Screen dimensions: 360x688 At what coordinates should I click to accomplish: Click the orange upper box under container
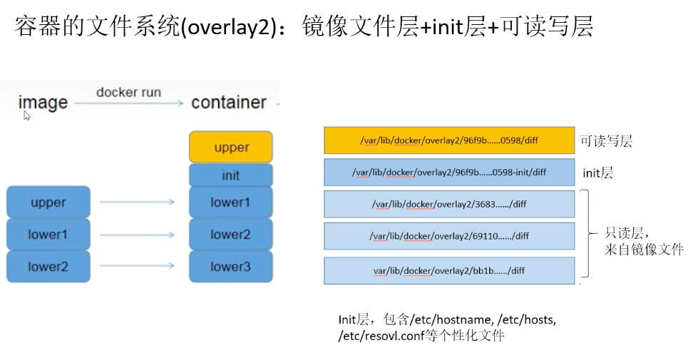click(231, 147)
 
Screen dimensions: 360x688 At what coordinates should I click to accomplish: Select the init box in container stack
click(231, 175)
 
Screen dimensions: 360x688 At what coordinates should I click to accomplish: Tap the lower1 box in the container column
click(231, 202)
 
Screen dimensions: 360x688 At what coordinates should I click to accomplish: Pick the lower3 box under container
click(231, 267)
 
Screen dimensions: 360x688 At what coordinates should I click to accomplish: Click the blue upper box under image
click(48, 202)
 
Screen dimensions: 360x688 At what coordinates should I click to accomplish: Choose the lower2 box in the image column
click(48, 267)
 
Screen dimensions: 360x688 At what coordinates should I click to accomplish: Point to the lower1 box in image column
click(48, 235)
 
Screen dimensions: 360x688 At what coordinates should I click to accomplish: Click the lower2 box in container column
click(231, 235)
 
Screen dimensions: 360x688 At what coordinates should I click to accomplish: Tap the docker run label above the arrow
click(128, 92)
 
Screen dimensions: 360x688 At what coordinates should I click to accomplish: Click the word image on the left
click(43, 103)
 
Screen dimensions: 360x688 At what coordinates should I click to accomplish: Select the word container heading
click(228, 103)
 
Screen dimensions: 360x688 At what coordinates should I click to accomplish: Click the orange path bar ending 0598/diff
click(449, 140)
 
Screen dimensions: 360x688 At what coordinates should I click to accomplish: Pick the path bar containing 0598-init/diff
click(449, 172)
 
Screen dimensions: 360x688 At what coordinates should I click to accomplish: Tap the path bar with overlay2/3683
click(449, 204)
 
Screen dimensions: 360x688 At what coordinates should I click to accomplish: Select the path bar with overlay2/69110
click(449, 236)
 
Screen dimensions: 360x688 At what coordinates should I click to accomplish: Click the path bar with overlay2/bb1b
click(449, 270)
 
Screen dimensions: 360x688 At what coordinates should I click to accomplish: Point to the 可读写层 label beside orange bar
click(606, 141)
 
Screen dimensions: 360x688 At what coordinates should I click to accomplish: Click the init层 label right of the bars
click(597, 173)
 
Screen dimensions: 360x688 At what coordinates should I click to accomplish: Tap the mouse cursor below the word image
click(26, 115)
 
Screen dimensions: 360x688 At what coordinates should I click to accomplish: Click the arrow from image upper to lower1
click(137, 202)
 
